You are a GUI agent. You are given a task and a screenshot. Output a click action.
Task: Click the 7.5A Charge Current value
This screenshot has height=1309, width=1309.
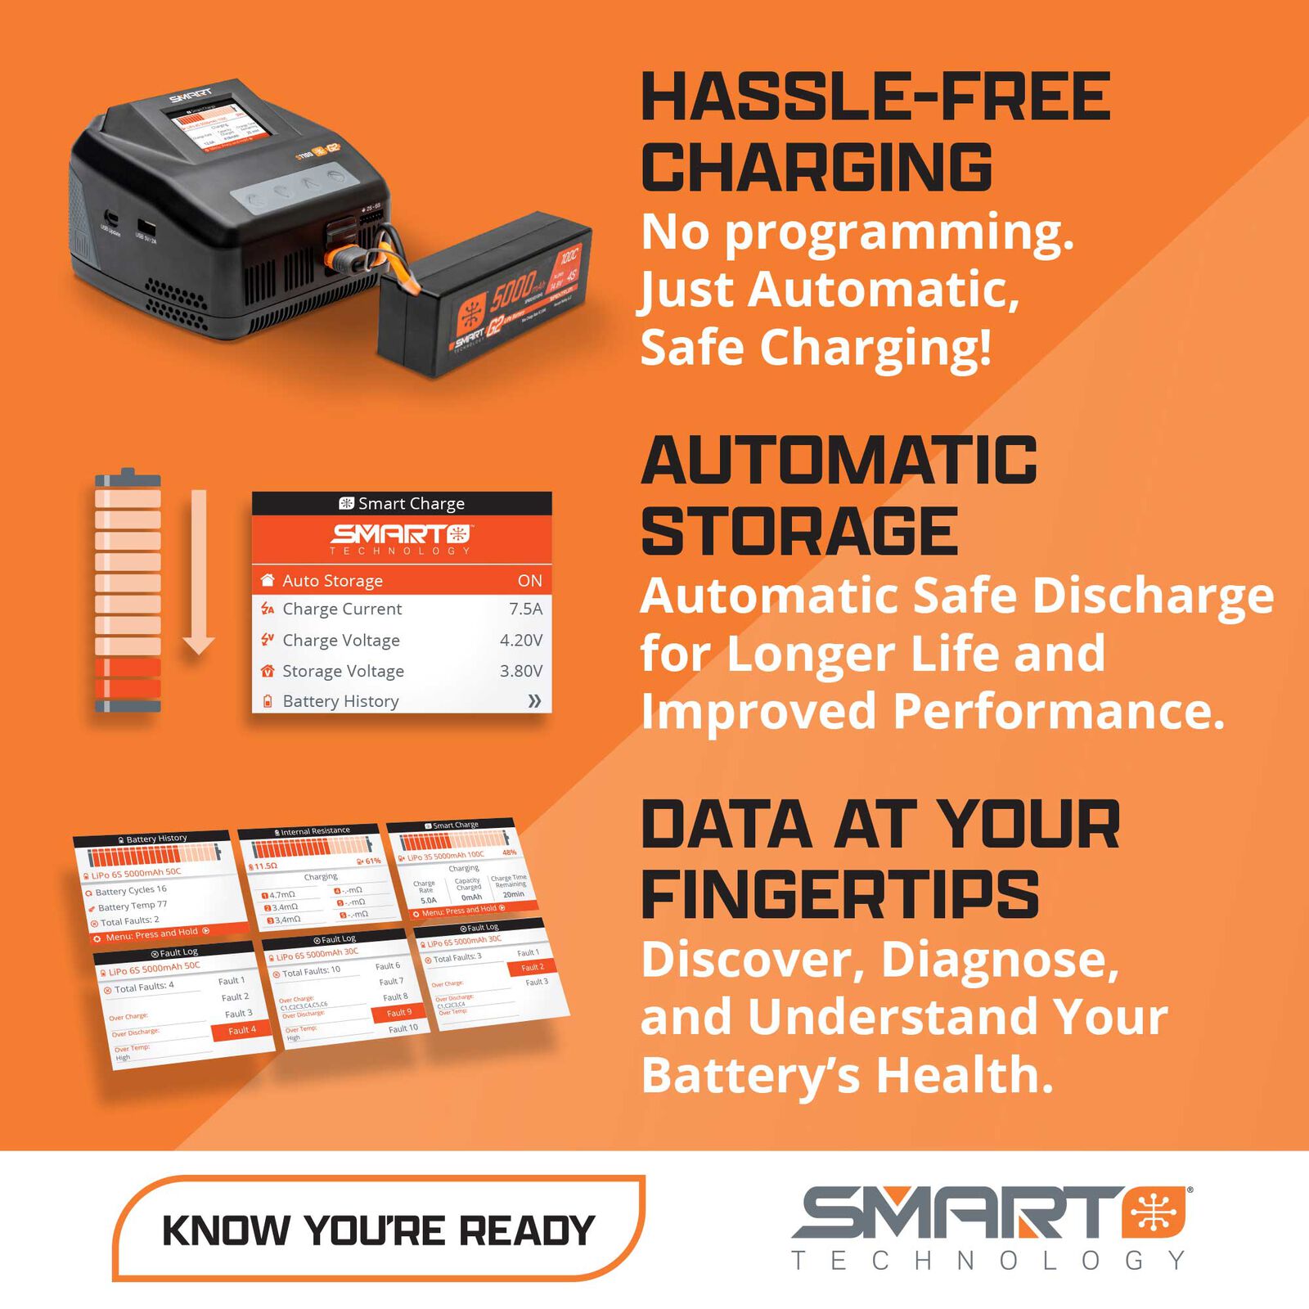pyautogui.click(x=525, y=609)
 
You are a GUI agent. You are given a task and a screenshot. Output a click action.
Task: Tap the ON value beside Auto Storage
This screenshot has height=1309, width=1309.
pyautogui.click(x=529, y=580)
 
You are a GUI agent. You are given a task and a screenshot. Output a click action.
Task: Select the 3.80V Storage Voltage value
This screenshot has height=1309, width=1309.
pyautogui.click(x=521, y=671)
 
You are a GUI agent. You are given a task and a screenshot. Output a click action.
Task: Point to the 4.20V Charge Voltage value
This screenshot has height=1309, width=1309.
pyautogui.click(x=521, y=640)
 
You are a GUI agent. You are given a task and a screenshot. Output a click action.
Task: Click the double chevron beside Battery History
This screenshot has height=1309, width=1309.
pyautogui.click(x=534, y=701)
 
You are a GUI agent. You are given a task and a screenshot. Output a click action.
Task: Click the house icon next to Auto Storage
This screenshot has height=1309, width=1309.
pyautogui.click(x=267, y=580)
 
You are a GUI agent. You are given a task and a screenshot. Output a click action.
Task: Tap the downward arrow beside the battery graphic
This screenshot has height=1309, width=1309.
pyautogui.click(x=198, y=573)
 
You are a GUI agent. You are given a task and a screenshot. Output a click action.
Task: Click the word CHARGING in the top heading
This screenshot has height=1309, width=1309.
pyautogui.click(x=816, y=167)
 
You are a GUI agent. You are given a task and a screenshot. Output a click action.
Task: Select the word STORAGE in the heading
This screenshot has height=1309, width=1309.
pyautogui.click(x=799, y=531)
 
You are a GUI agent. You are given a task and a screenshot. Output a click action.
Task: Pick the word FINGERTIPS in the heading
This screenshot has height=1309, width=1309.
pyautogui.click(x=839, y=894)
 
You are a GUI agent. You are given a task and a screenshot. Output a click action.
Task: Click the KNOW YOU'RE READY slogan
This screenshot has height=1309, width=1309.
pyautogui.click(x=379, y=1230)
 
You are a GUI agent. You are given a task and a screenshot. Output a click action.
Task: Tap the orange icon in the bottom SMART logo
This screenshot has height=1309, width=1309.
pyautogui.click(x=1154, y=1212)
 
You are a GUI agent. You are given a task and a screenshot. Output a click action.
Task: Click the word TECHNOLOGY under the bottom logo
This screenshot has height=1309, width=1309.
pyautogui.click(x=988, y=1261)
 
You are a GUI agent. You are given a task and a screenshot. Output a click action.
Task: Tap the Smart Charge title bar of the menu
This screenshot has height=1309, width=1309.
pyautogui.click(x=402, y=503)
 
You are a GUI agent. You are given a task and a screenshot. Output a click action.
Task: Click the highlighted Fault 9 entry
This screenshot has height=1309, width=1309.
pyautogui.click(x=398, y=1012)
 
